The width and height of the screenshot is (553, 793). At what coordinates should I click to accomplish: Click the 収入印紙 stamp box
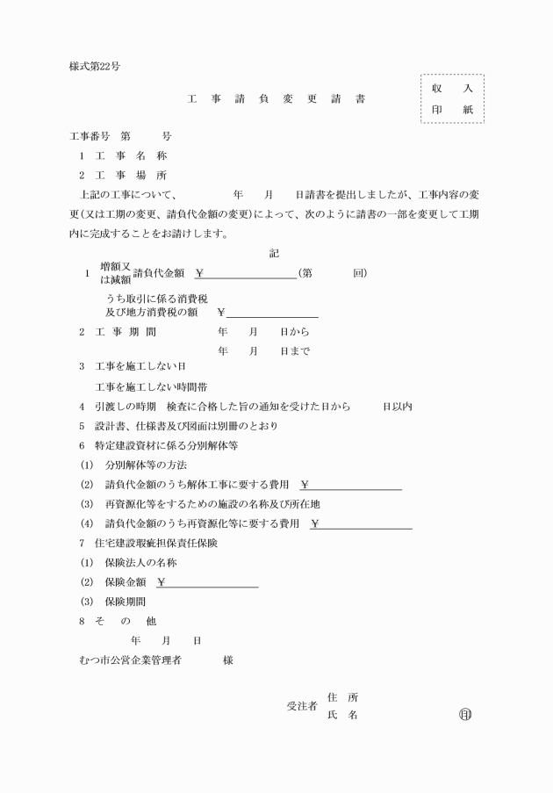click(x=452, y=98)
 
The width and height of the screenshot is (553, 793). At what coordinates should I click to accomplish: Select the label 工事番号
click(x=90, y=136)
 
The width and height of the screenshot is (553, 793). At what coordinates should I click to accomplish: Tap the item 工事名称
click(x=131, y=155)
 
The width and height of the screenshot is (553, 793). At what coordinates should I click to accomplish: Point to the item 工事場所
click(x=131, y=175)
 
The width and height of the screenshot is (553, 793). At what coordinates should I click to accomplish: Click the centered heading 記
click(x=275, y=253)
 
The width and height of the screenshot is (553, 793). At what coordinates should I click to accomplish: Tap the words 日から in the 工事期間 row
click(x=294, y=333)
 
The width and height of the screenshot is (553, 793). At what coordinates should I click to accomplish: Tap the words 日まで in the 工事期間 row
click(x=294, y=350)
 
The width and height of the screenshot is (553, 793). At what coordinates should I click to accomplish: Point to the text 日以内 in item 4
click(x=397, y=407)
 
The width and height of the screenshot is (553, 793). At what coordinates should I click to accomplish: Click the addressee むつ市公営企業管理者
click(x=130, y=660)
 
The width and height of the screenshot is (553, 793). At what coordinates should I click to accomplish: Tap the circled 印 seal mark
click(x=465, y=715)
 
